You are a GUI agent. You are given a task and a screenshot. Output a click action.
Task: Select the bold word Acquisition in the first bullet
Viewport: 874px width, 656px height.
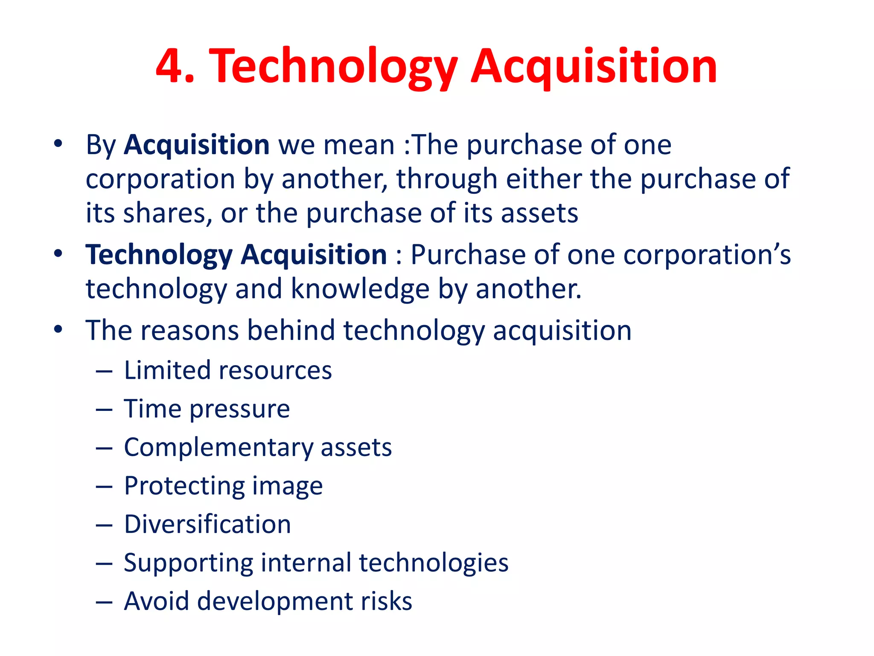[197, 145]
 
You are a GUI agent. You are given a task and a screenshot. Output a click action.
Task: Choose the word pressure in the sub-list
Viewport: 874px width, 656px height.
[240, 409]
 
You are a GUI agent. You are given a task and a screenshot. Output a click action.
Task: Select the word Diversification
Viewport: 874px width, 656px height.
[207, 524]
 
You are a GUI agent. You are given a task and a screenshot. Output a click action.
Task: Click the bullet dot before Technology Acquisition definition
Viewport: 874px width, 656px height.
[58, 254]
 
